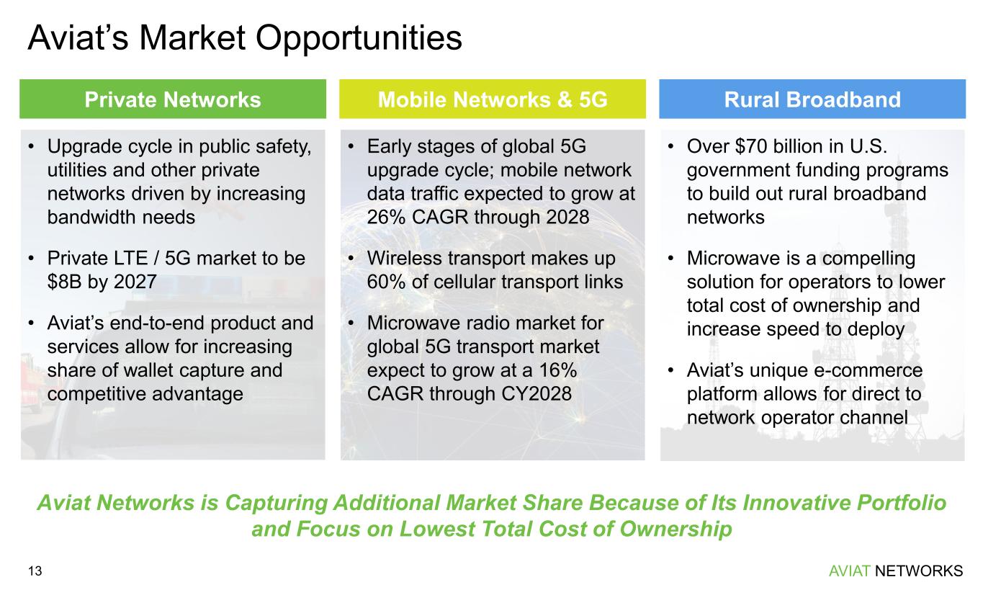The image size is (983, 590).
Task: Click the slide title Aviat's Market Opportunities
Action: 244,39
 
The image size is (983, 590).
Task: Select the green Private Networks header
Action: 173,99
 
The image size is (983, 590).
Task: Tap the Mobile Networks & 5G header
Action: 493,99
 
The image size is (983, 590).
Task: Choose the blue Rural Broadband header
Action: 812,99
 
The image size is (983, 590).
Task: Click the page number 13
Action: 35,571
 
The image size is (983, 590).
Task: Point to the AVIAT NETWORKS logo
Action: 896,571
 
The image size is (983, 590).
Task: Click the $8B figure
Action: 65,282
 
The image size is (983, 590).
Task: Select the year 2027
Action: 135,282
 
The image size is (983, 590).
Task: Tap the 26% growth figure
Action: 386,218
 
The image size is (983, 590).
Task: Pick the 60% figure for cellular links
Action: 386,282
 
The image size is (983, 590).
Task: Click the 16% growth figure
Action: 558,370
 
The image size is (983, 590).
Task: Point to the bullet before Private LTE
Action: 31,258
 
